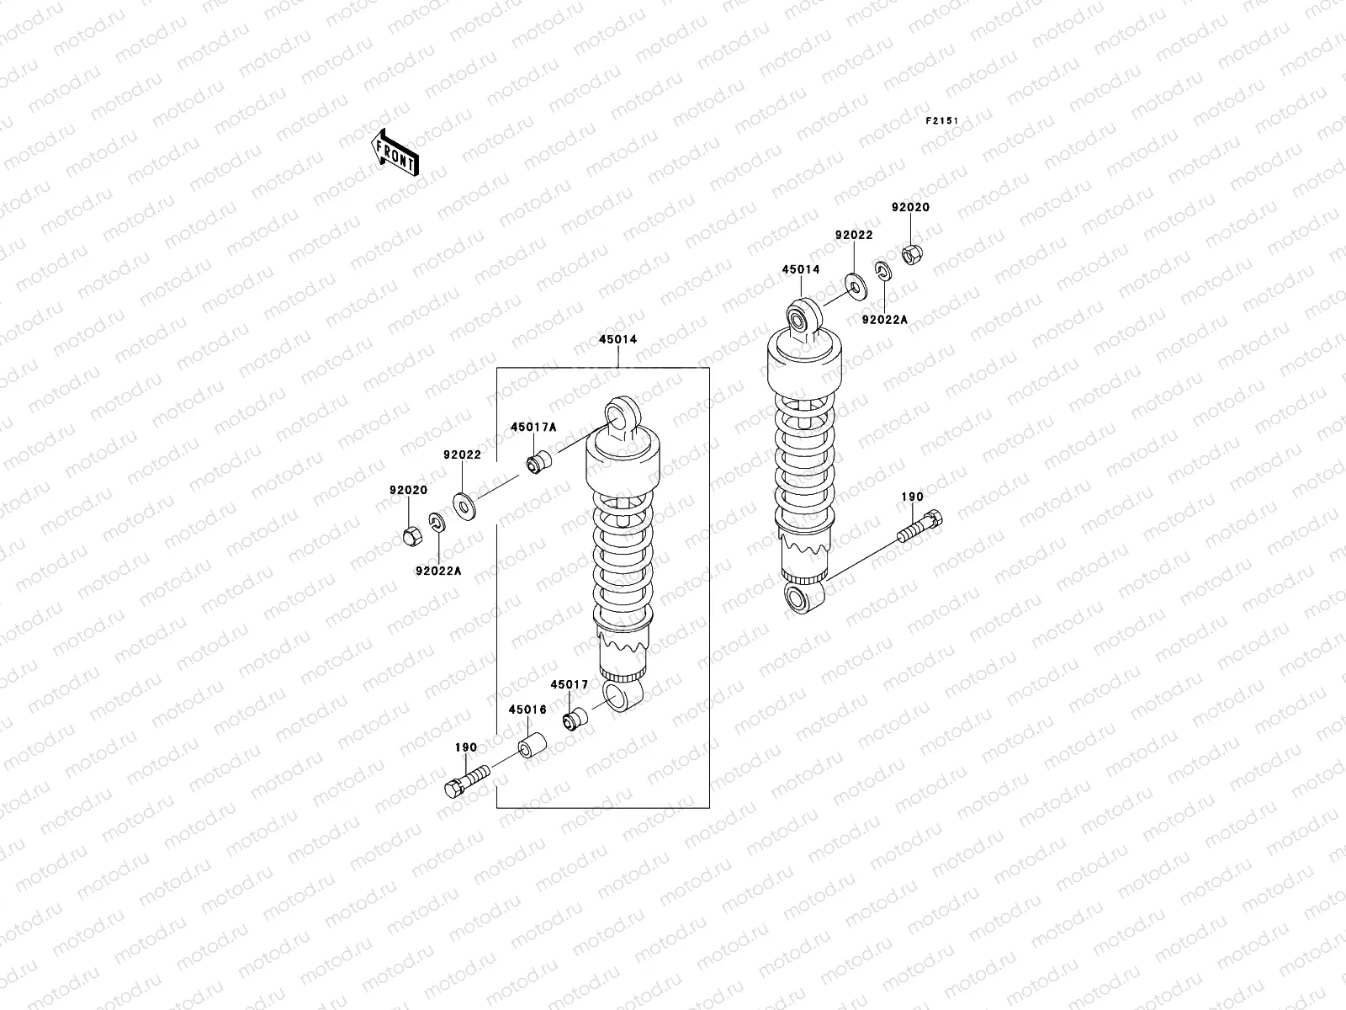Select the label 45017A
533,427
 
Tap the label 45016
527,710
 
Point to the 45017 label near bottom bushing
570,684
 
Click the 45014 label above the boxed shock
617,340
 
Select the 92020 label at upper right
911,207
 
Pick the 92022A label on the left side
438,570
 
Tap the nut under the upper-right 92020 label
912,252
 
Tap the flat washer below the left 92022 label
464,505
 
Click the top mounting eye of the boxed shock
623,413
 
